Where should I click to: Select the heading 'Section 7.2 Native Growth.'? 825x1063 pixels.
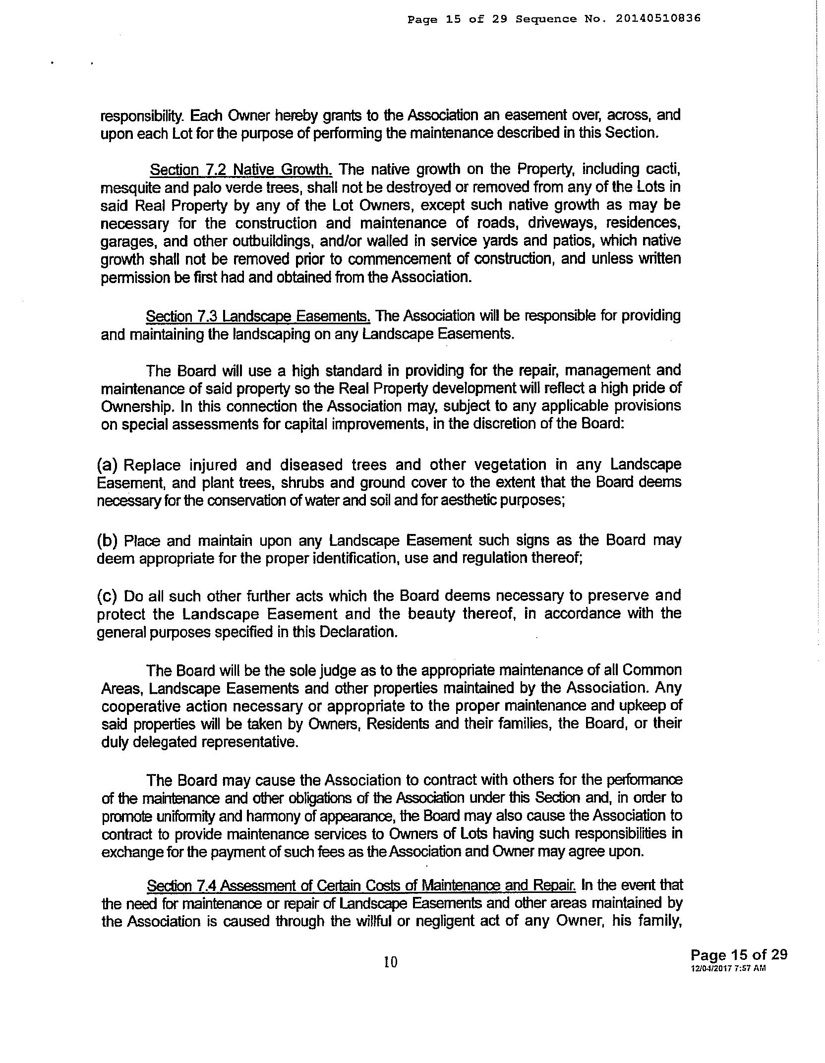point(241,170)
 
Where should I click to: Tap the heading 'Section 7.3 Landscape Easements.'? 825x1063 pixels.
point(258,316)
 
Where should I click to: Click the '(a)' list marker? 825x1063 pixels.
point(107,465)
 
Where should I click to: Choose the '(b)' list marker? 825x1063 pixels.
point(107,540)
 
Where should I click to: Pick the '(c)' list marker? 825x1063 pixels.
point(107,595)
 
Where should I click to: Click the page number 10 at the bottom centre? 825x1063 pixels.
point(391,962)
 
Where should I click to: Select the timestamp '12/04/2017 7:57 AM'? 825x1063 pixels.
point(728,968)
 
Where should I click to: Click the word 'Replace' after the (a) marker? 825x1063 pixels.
point(151,466)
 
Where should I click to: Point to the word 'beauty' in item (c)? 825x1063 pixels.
point(431,614)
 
